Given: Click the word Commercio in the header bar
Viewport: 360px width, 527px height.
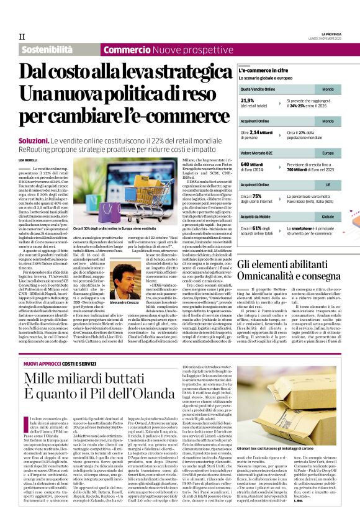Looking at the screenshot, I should pos(126,49).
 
